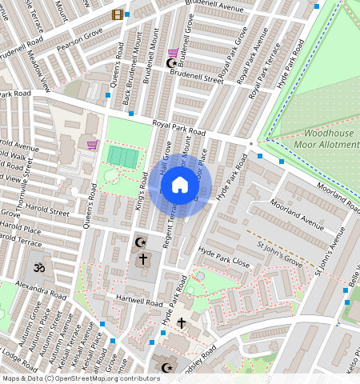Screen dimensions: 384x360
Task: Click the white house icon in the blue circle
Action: (180, 186)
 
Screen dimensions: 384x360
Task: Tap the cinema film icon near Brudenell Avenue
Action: (118, 14)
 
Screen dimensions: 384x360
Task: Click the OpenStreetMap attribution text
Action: (81, 378)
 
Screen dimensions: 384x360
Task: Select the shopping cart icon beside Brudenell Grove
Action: (173, 54)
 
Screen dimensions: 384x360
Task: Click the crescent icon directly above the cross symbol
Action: (142, 242)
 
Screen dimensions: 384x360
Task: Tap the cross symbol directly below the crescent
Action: (143, 259)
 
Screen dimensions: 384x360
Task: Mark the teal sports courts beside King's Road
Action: (122, 156)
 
